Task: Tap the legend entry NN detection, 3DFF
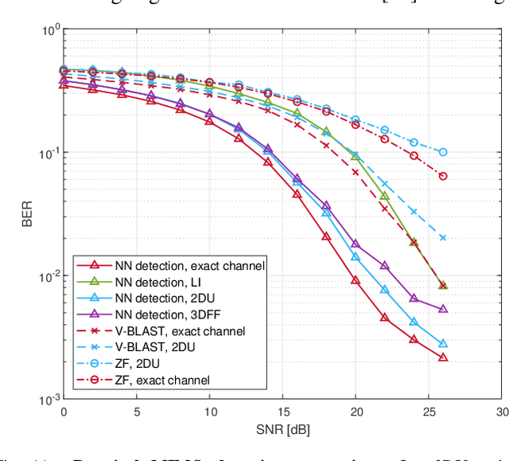click(172, 314)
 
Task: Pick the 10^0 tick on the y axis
click(49, 30)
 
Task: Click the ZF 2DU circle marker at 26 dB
click(443, 152)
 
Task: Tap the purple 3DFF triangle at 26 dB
click(443, 309)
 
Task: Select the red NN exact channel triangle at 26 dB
click(443, 357)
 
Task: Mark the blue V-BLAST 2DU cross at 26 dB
click(443, 237)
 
